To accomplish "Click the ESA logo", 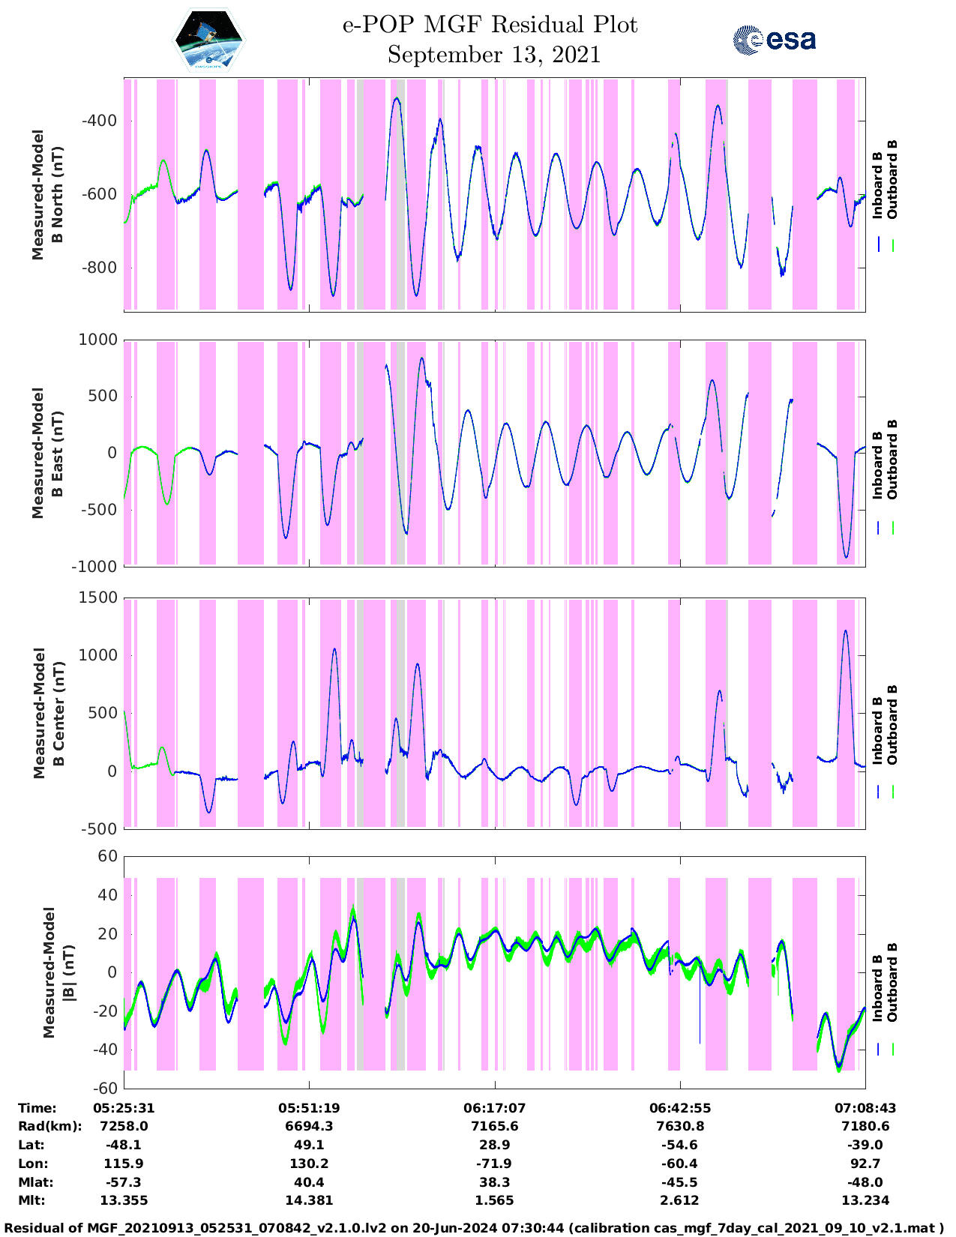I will (x=775, y=40).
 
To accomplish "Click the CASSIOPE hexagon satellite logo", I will (x=209, y=40).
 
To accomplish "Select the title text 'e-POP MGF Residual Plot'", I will (x=490, y=25).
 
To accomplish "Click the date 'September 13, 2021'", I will (x=494, y=55).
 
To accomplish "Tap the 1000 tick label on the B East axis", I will (x=98, y=340).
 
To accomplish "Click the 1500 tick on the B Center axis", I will (x=98, y=598).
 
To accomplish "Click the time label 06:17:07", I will (x=494, y=1108).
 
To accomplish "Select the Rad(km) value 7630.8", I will (x=680, y=1126).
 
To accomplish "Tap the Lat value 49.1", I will (x=309, y=1145).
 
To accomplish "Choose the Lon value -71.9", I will (x=494, y=1164).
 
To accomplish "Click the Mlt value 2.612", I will (x=680, y=1200).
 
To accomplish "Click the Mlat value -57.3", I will (x=124, y=1182).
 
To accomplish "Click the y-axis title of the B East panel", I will (x=46, y=453).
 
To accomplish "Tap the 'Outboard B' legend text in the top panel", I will (x=892, y=180).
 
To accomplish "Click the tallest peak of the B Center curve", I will (x=846, y=630).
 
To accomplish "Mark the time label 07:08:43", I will (x=865, y=1108).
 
